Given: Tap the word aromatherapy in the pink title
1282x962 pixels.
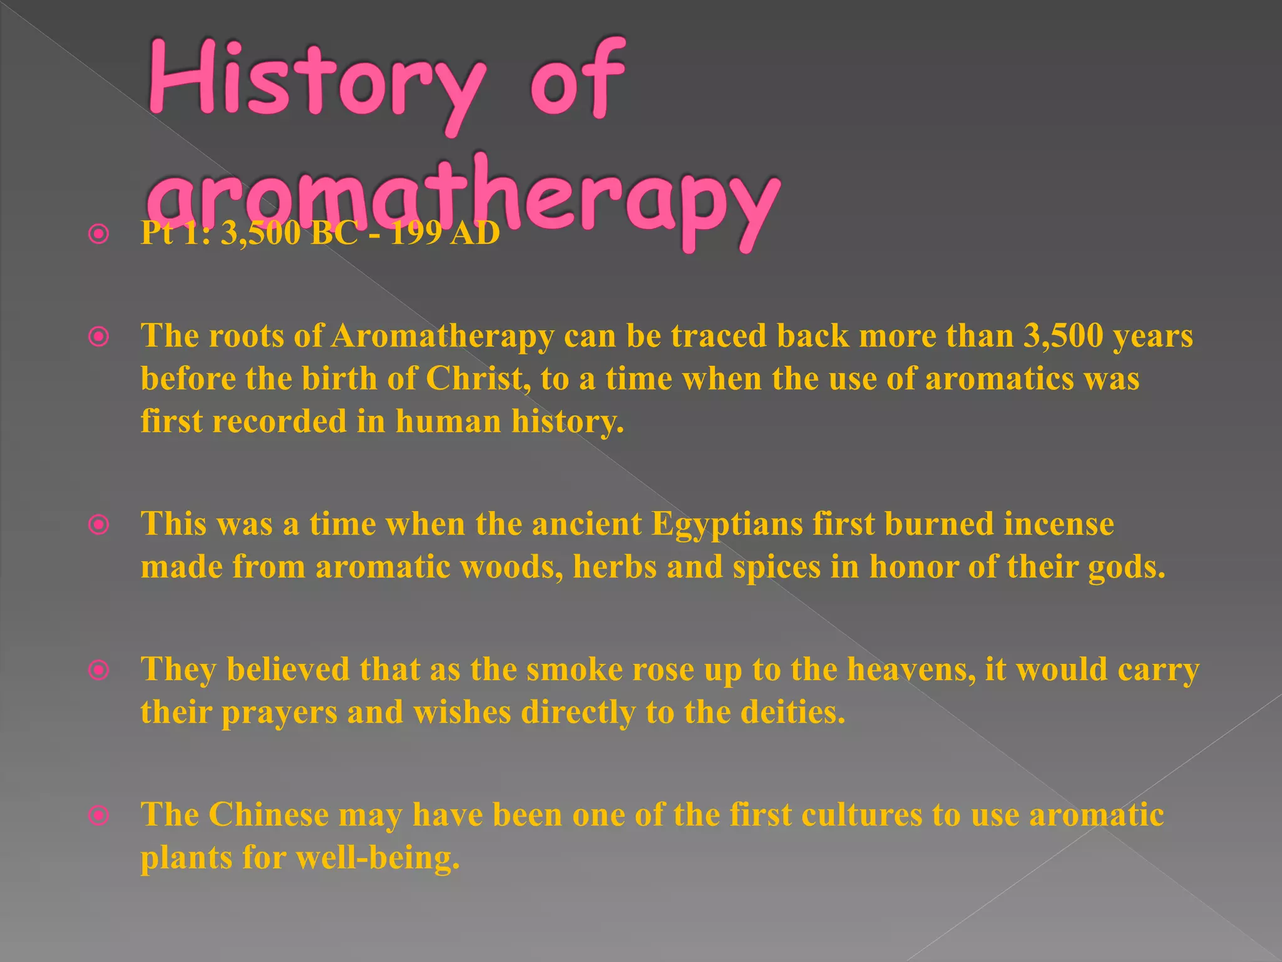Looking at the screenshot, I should click(463, 200).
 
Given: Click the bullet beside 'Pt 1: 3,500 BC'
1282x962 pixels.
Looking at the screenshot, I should click(99, 235).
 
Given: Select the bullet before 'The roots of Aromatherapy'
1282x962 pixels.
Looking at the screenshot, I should click(99, 338).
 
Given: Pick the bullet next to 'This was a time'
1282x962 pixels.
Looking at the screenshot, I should click(99, 525).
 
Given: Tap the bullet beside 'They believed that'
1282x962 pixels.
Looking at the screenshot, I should click(99, 671).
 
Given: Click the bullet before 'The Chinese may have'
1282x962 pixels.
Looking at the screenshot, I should click(99, 816).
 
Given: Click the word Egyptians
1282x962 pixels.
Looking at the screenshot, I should click(727, 524).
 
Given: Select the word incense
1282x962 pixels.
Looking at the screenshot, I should click(1059, 524).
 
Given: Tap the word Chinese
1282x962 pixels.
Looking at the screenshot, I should click(269, 815).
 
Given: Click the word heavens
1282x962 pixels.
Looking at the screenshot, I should click(911, 670).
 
